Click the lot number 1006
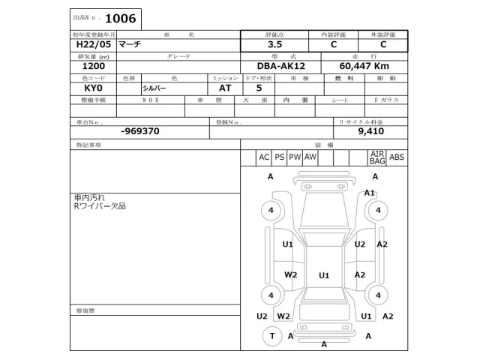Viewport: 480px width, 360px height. [121, 17]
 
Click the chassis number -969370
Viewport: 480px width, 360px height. [139, 130]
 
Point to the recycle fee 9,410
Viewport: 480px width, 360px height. [370, 130]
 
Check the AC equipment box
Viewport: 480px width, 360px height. [264, 157]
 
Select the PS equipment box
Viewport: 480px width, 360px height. [280, 157]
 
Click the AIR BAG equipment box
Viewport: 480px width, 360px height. [377, 157]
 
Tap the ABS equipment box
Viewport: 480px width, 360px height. [397, 157]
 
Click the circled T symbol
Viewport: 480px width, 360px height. [271, 337]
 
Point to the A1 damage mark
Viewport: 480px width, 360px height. [370, 193]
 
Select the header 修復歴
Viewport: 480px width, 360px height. [85, 310]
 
